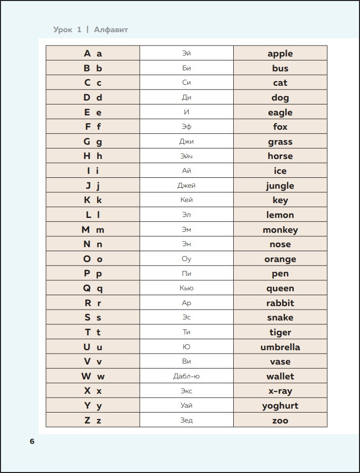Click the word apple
tap(280, 53)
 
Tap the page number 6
tap(32, 441)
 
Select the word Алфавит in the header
tap(111, 30)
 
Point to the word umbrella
tap(280, 347)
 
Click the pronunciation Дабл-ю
tap(187, 376)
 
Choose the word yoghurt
tap(280, 406)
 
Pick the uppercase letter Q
tap(87, 288)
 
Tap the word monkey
tap(280, 230)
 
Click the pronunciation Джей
tap(187, 186)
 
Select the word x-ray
tap(280, 391)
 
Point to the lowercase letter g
tap(99, 142)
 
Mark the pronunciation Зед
tap(187, 420)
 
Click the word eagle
tap(280, 112)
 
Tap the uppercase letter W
tap(86, 376)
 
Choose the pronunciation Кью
tap(187, 288)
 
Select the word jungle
tap(280, 186)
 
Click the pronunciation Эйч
tap(187, 156)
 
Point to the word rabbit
tap(280, 303)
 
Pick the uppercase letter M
tap(86, 230)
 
